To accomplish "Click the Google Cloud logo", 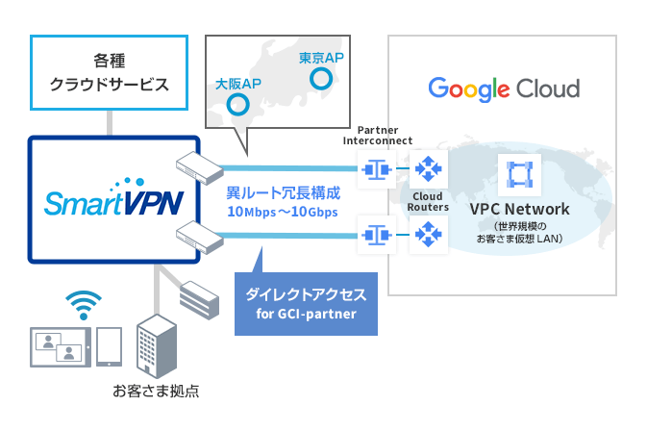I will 504,89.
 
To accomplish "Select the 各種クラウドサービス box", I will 110,72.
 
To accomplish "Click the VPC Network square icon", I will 518,174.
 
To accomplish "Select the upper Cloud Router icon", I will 428,171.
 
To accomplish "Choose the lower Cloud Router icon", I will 428,234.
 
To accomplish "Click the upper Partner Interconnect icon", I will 376,171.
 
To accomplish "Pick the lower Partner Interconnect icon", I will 376,234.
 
